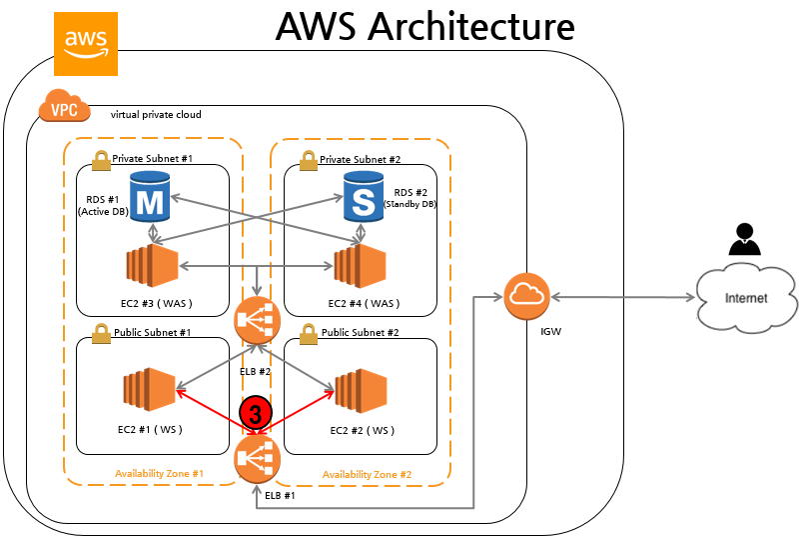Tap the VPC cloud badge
point(62,107)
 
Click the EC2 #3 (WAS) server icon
point(151,265)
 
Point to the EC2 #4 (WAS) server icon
point(360,265)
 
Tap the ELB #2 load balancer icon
point(257,322)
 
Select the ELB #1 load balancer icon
point(257,461)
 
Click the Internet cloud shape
point(747,297)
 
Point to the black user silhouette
point(741,241)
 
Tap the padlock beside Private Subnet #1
point(100,159)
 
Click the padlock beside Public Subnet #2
point(309,332)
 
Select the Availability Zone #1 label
point(160,473)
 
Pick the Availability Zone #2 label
point(368,473)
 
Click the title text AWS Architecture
point(424,27)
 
